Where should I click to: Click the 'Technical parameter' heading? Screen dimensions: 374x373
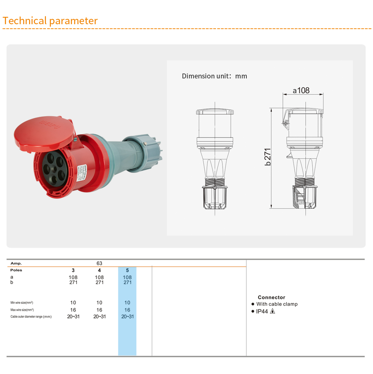click(x=50, y=21)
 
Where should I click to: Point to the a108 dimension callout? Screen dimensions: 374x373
click(x=301, y=90)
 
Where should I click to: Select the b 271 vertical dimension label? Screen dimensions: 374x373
click(x=268, y=156)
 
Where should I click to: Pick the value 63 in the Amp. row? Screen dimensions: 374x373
click(x=99, y=263)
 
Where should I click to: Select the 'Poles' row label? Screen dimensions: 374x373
click(x=16, y=270)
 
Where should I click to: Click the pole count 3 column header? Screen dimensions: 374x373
click(x=73, y=270)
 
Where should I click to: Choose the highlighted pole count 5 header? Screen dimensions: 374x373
click(x=127, y=270)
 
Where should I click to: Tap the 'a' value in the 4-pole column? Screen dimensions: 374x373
click(x=99, y=277)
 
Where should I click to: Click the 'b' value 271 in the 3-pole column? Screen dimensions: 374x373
click(x=73, y=282)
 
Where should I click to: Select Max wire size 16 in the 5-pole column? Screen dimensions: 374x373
click(x=127, y=310)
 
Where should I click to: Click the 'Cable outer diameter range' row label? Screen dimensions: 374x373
click(x=31, y=317)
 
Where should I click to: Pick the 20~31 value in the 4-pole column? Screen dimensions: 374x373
click(x=99, y=317)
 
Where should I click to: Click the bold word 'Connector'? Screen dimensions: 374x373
click(x=271, y=297)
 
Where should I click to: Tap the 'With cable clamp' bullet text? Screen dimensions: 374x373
click(x=277, y=304)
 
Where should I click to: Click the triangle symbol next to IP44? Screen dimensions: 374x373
click(x=273, y=311)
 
